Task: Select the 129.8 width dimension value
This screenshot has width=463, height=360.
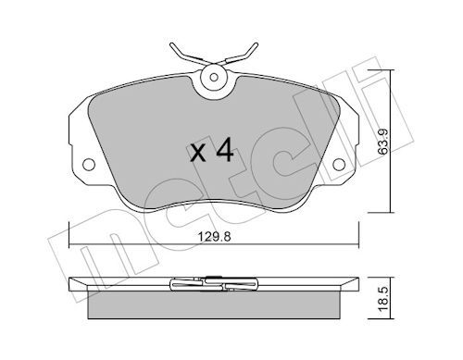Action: (216, 234)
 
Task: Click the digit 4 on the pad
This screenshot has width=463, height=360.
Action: (222, 151)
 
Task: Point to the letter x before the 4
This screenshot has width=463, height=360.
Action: (197, 154)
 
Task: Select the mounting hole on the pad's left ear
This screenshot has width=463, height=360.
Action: (91, 167)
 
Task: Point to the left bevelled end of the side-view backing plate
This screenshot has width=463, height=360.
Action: (78, 282)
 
